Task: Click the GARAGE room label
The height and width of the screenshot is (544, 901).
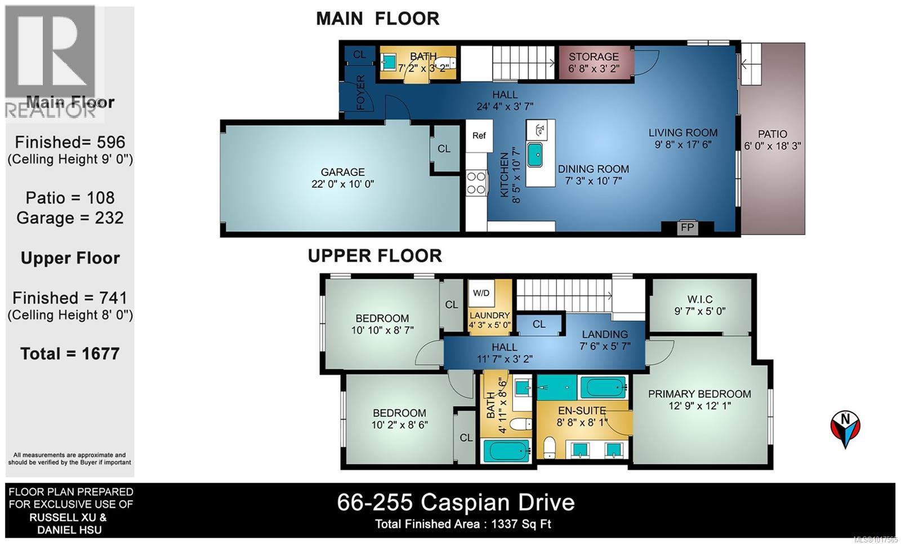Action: [342, 172]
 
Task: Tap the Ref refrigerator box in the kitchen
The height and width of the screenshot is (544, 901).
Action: [479, 135]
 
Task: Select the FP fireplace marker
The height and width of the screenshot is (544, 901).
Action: [687, 228]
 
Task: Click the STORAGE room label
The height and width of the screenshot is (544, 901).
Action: [594, 57]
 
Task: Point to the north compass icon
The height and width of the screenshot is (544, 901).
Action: [845, 429]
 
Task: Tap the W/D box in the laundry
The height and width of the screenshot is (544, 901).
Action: [481, 293]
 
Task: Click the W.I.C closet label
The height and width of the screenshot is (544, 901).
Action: [699, 299]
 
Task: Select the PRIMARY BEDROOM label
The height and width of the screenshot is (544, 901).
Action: [699, 394]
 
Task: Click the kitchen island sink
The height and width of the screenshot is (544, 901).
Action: [534, 154]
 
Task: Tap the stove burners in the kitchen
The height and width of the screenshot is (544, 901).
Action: [476, 183]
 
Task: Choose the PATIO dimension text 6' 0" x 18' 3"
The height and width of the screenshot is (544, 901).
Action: [772, 146]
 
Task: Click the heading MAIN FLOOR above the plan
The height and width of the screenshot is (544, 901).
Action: [377, 18]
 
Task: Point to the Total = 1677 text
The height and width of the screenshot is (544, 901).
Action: [70, 353]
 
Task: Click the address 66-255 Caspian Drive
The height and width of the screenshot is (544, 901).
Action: [456, 502]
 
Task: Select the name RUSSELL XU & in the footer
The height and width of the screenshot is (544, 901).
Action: [68, 517]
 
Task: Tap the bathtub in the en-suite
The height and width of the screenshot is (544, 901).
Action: [603, 388]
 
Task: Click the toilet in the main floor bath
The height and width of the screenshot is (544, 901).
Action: [445, 63]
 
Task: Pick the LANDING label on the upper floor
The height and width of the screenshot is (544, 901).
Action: [605, 334]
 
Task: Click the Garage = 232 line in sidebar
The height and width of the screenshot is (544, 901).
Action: [70, 218]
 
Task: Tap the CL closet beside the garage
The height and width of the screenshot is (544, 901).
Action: [444, 149]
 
